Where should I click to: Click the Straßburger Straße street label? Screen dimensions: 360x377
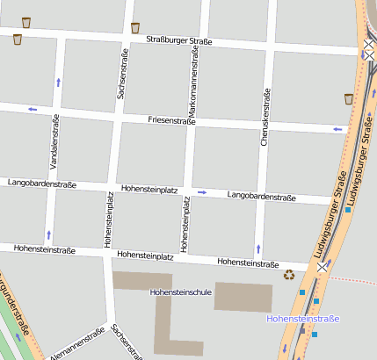point(180,40)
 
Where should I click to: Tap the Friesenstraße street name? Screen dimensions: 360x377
point(176,119)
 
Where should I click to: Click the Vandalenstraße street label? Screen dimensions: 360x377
point(54,140)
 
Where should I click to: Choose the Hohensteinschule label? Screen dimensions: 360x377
point(181,291)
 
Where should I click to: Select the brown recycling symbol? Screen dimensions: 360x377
point(289,275)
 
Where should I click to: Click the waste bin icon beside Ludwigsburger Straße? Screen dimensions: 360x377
point(349,98)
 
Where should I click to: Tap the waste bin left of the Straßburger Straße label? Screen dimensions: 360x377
point(134,27)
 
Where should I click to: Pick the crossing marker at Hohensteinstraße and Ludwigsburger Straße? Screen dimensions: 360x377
point(323,266)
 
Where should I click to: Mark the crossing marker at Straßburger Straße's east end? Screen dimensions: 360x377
point(365,50)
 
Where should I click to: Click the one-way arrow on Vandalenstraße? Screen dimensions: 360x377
point(58,82)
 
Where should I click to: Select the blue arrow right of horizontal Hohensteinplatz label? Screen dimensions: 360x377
point(201,191)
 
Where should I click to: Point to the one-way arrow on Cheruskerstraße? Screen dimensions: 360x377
point(258,248)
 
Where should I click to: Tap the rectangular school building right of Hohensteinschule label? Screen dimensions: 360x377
point(244,296)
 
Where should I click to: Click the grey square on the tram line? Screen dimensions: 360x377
point(302,332)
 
